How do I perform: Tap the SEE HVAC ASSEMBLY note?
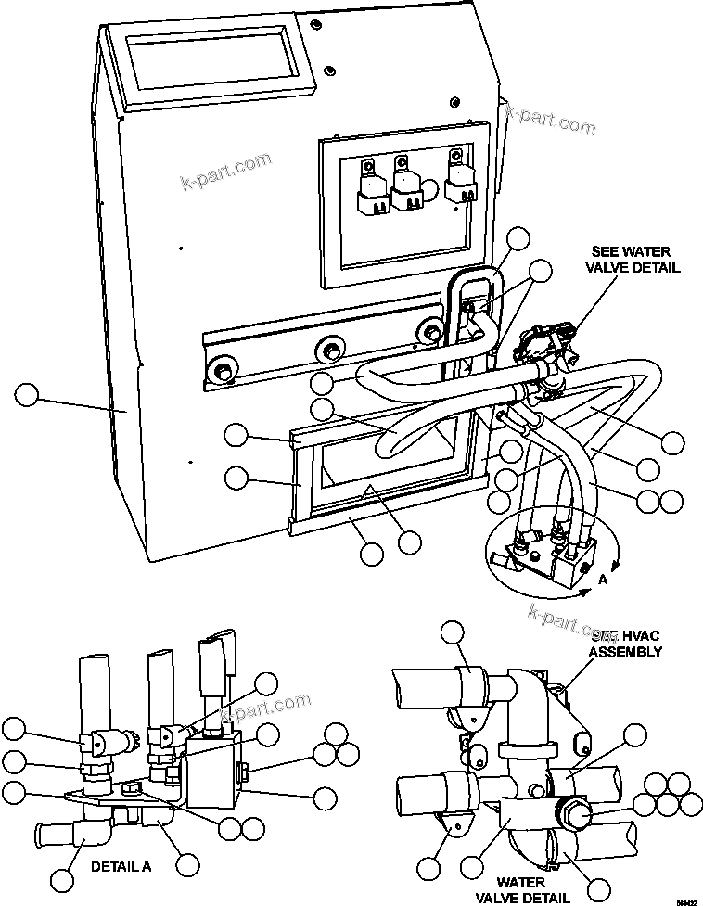pyautogui.click(x=627, y=644)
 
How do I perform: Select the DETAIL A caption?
pyautogui.click(x=121, y=867)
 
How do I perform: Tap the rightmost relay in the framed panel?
pyautogui.click(x=459, y=182)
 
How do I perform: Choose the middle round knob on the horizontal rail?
pyautogui.click(x=329, y=350)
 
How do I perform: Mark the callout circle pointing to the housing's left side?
pyautogui.click(x=27, y=396)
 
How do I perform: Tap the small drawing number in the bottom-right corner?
pyautogui.click(x=685, y=899)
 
